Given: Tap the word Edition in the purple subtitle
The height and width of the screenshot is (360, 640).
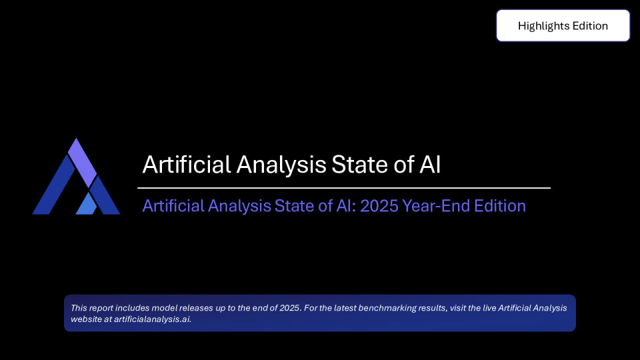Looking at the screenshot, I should pyautogui.click(x=498, y=205).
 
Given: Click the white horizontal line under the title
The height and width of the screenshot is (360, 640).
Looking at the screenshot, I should pyautogui.click(x=344, y=188).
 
